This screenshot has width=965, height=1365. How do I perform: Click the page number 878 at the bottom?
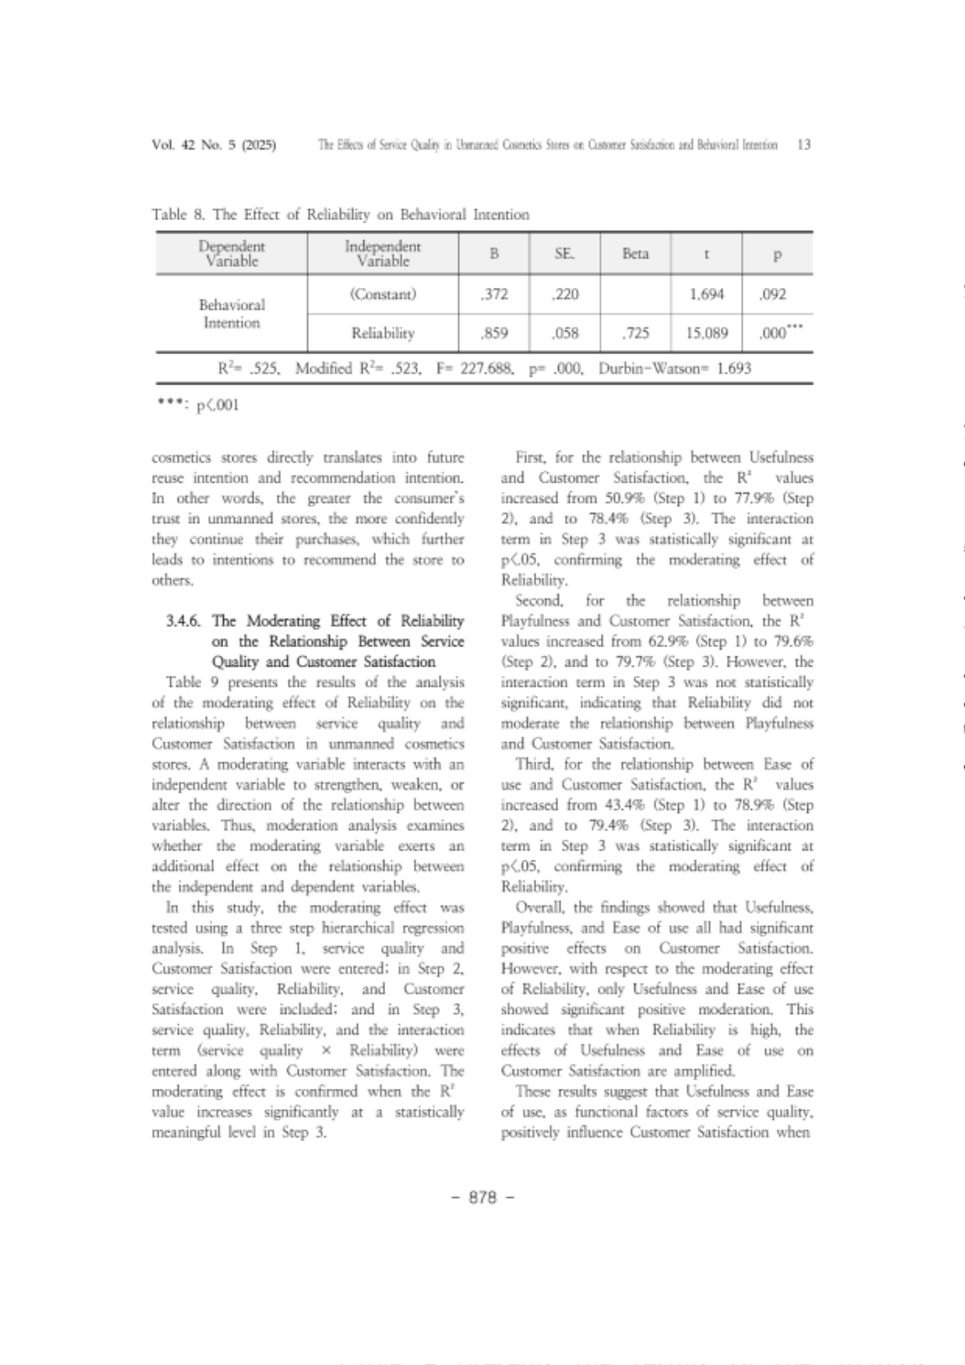pyautogui.click(x=482, y=1197)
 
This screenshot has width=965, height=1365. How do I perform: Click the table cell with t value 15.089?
pyautogui.click(x=707, y=332)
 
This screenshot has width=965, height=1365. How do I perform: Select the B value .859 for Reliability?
pyautogui.click(x=494, y=332)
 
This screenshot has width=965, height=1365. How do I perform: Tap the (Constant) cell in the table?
pyautogui.click(x=383, y=295)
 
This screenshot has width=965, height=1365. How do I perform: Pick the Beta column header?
pyautogui.click(x=635, y=254)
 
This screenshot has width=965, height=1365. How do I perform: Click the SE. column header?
pyautogui.click(x=564, y=254)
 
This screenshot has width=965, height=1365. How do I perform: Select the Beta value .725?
pyautogui.click(x=636, y=332)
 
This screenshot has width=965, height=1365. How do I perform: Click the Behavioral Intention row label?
pyautogui.click(x=232, y=313)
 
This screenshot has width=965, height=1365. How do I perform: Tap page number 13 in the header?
pyautogui.click(x=803, y=144)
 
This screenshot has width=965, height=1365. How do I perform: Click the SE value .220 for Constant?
pyautogui.click(x=566, y=295)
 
